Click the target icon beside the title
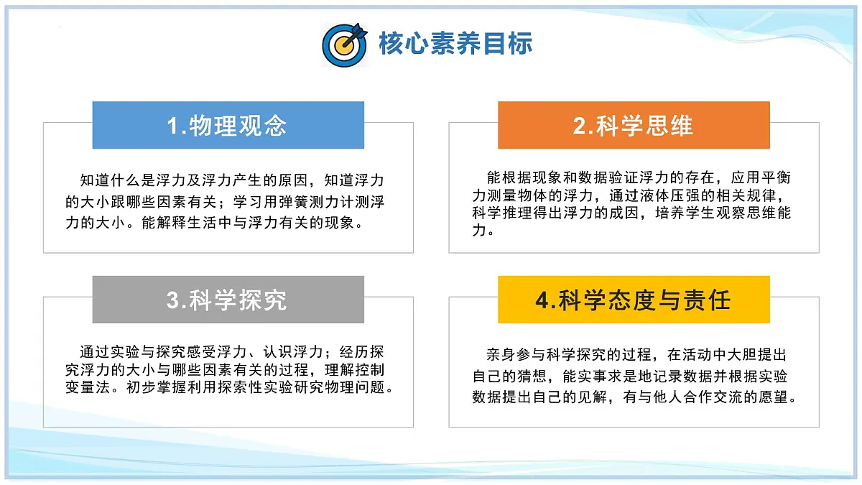coord(345,45)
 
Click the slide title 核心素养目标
coord(455,44)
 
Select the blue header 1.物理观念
coord(228,126)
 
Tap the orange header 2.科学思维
coord(633,126)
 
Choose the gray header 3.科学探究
coord(228,300)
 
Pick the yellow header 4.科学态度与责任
coord(633,300)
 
